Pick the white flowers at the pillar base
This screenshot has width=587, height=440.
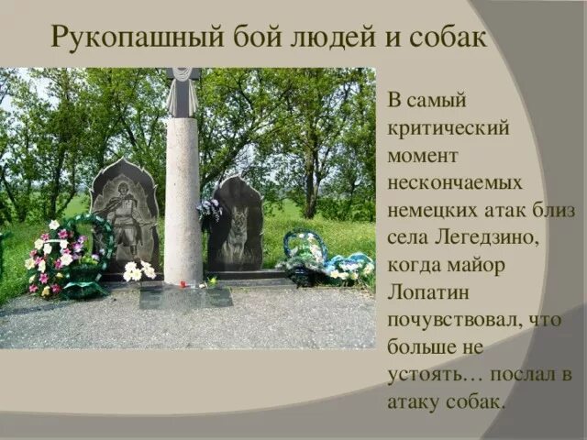click(138, 271)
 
